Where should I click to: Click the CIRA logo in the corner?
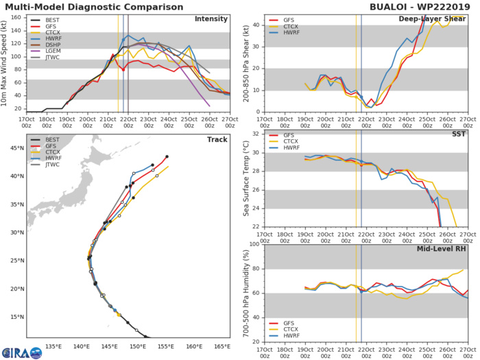pyautogui.click(x=21, y=350)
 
